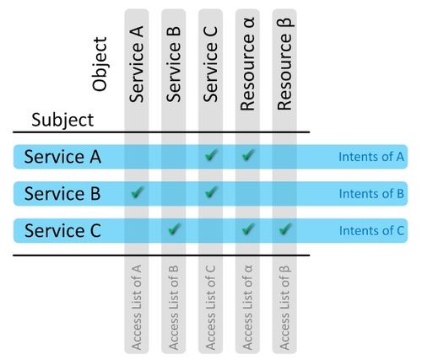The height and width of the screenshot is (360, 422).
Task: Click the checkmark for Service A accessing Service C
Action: click(211, 155)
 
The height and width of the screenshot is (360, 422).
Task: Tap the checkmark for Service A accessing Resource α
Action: click(248, 155)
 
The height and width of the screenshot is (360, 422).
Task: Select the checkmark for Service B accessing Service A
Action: click(138, 192)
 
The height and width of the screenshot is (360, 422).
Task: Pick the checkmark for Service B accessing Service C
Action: click(211, 192)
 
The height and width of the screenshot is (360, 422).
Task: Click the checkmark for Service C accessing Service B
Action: click(174, 229)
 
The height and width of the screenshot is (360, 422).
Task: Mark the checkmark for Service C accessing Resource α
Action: click(248, 229)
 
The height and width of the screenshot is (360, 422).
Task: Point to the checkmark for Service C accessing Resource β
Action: click(285, 229)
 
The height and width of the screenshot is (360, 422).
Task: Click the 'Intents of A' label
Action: click(371, 157)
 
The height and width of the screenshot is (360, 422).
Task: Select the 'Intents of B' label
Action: click(371, 194)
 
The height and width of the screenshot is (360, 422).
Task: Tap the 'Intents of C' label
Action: click(371, 231)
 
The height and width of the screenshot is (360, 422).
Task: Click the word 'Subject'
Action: click(62, 121)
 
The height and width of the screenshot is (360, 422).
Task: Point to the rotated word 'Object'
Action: click(100, 64)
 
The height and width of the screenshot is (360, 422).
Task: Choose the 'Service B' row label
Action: click(62, 194)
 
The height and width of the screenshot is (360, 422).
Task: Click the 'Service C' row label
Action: click(62, 230)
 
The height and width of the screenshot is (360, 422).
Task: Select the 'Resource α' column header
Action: click(247, 64)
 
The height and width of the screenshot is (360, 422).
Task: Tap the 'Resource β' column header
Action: click(284, 64)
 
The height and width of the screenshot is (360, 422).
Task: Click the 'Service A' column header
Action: click(137, 64)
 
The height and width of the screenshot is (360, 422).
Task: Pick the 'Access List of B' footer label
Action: click(174, 307)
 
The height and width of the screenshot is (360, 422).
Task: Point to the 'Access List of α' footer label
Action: click(247, 307)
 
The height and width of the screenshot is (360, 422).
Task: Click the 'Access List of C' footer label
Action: click(210, 307)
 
